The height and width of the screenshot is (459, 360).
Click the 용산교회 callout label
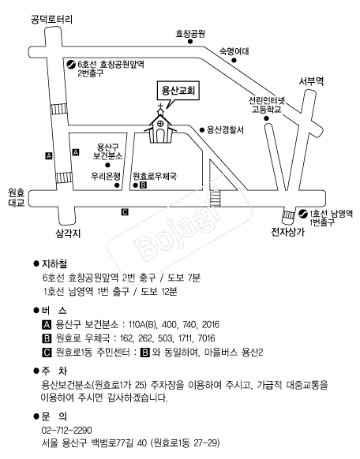pyautogui.click(x=178, y=91)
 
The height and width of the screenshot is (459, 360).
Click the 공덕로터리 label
pyautogui.click(x=51, y=19)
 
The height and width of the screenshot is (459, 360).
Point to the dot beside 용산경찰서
pyautogui.click(x=202, y=130)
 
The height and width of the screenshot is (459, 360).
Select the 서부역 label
pyautogui.click(x=311, y=81)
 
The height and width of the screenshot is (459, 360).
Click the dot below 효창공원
pyautogui.click(x=190, y=42)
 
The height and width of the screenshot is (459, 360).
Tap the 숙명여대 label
pyautogui.click(x=234, y=51)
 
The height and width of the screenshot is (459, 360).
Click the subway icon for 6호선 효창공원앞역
pyautogui.click(x=70, y=64)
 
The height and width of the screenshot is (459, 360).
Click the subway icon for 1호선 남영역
pyautogui.click(x=302, y=214)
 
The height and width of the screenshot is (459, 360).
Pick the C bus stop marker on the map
pyautogui.click(x=125, y=211)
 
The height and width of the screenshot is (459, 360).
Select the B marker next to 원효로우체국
pyautogui.click(x=143, y=185)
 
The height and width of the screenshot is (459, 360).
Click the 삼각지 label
pyautogui.click(x=68, y=233)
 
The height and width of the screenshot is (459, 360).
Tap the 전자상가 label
pyautogui.click(x=287, y=232)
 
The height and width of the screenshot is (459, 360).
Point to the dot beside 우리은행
pyautogui.click(x=117, y=185)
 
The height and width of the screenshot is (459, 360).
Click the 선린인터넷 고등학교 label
pyautogui.click(x=267, y=105)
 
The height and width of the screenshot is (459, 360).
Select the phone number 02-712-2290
pyautogui.click(x=67, y=430)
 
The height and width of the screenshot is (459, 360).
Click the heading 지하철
pyautogui.click(x=54, y=263)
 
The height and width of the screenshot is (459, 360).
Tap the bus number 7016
pyautogui.click(x=207, y=338)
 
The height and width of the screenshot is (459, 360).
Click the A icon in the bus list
pyautogui.click(x=47, y=325)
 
